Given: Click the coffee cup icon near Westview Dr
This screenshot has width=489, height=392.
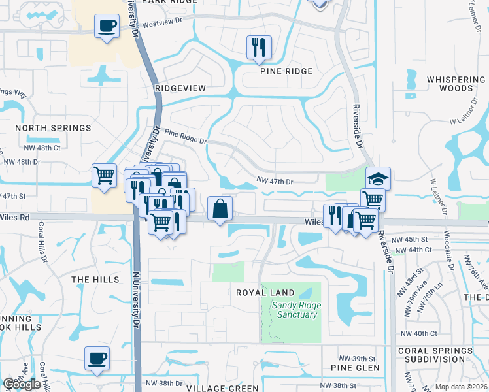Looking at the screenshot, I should pyautogui.click(x=107, y=27).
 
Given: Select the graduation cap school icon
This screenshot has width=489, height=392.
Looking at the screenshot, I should pyautogui.click(x=378, y=178).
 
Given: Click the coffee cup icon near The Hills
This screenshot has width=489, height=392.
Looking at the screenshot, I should pyautogui.click(x=97, y=358).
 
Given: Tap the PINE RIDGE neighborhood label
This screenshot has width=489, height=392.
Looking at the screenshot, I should pyautogui.click(x=286, y=71).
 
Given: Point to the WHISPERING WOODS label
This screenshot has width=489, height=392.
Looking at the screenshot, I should pyautogui.click(x=456, y=84).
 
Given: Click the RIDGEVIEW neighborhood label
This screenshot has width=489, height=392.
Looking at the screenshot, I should pyautogui.click(x=180, y=88).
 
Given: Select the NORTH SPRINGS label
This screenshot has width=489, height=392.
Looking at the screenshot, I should pyautogui.click(x=53, y=128).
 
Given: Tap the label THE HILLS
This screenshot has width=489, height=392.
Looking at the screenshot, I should pyautogui.click(x=95, y=280).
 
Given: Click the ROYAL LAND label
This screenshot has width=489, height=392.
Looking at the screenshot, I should pyautogui.click(x=265, y=293).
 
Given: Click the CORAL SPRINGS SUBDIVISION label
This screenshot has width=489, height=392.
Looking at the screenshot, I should pyautogui.click(x=435, y=355).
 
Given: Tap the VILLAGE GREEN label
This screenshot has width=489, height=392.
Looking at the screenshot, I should pyautogui.click(x=213, y=388).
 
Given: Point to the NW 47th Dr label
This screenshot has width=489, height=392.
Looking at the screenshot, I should pyautogui.click(x=275, y=181).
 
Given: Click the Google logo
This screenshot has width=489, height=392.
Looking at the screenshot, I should pyautogui.click(x=22, y=385).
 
